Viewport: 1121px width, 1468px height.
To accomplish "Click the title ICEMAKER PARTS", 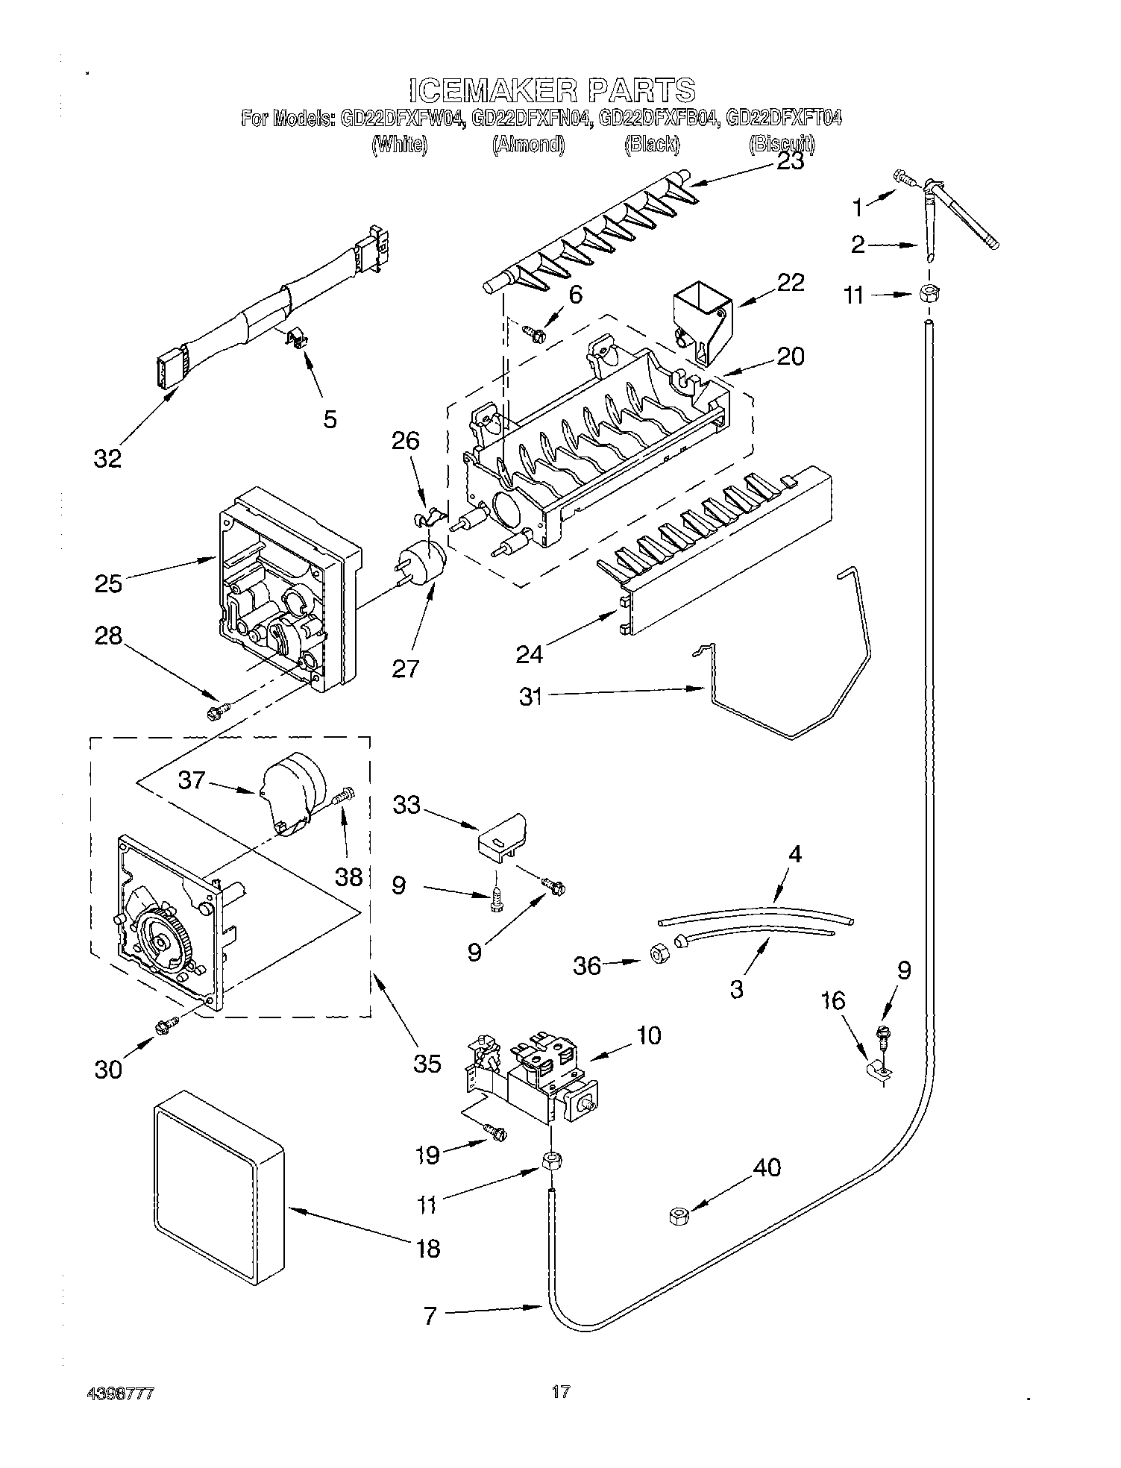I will tap(553, 90).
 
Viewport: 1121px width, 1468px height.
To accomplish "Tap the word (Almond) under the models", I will tap(527, 145).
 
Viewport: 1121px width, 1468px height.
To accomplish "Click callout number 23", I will tap(790, 162).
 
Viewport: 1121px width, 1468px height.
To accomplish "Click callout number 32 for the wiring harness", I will tap(107, 458).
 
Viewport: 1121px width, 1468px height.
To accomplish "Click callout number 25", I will tap(108, 583).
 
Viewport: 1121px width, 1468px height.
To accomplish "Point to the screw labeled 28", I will tap(217, 712).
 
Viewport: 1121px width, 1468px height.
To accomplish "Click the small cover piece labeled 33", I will tap(502, 834).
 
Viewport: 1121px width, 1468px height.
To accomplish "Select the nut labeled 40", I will tap(678, 1217).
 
